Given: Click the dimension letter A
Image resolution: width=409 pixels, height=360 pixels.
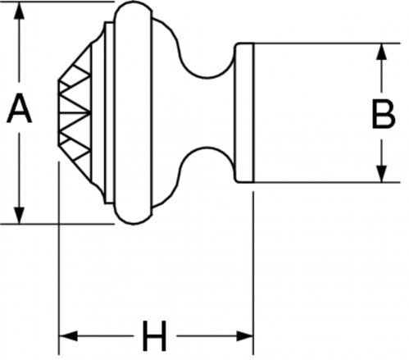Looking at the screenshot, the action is [x=19, y=108].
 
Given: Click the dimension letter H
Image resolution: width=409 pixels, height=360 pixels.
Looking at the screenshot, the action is [x=155, y=336].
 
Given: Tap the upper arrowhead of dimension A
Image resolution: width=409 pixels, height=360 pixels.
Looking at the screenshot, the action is [x=19, y=11].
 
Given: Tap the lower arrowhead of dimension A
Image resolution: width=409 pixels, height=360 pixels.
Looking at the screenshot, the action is [x=19, y=216].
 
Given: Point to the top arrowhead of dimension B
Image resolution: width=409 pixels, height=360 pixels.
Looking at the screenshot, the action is [x=382, y=52].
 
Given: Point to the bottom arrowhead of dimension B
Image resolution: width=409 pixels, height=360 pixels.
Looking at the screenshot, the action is [x=382, y=174].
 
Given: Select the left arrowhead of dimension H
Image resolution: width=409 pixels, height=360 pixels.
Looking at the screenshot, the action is [x=68, y=336].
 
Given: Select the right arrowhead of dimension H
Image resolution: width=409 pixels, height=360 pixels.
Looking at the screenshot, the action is [x=245, y=336].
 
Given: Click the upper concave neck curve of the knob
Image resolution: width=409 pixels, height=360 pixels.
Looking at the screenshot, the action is [x=207, y=77].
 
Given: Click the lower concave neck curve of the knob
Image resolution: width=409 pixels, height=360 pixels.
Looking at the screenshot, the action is [x=207, y=148].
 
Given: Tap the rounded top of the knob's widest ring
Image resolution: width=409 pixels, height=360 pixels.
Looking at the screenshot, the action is [x=133, y=3].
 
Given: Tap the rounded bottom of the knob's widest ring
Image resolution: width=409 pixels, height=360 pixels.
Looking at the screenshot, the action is [x=133, y=223].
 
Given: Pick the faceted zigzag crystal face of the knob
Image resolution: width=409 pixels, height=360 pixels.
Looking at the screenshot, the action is [x=75, y=112].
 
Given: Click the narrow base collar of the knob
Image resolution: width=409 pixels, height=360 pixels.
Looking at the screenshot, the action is [x=243, y=112].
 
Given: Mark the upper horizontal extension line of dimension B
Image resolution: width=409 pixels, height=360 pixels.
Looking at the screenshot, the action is [x=327, y=43].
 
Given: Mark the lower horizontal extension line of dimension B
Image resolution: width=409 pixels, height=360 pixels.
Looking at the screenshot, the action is [x=327, y=182].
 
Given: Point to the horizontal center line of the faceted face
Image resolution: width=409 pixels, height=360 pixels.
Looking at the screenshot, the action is [x=74, y=112].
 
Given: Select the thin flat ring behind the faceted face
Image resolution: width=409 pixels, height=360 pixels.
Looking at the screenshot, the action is [x=109, y=112].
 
